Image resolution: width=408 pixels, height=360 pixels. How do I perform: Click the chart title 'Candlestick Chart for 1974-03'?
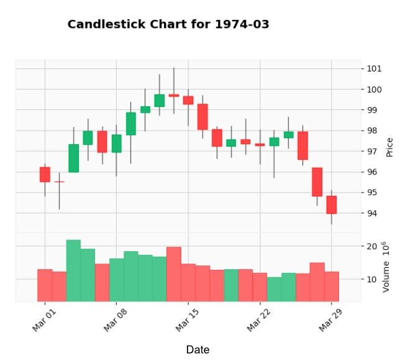[168, 24]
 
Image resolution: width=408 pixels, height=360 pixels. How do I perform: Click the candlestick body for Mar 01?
[45, 175]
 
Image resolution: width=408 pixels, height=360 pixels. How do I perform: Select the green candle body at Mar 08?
[117, 143]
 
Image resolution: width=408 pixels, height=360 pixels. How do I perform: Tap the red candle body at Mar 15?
[188, 99]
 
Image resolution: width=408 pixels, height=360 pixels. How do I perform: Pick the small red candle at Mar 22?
[260, 145]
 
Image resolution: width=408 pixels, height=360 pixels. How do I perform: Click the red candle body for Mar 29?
[332, 205]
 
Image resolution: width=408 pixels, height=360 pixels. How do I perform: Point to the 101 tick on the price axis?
[374, 68]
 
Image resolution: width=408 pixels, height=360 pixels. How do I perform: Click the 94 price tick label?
[373, 213]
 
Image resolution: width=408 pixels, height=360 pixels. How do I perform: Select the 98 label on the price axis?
[373, 131]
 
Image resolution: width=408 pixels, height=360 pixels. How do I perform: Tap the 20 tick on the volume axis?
[373, 246]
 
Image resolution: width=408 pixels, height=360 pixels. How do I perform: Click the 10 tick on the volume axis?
[373, 279]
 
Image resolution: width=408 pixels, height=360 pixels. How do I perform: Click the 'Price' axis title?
[390, 147]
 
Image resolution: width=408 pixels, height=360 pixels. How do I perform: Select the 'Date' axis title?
[197, 350]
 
